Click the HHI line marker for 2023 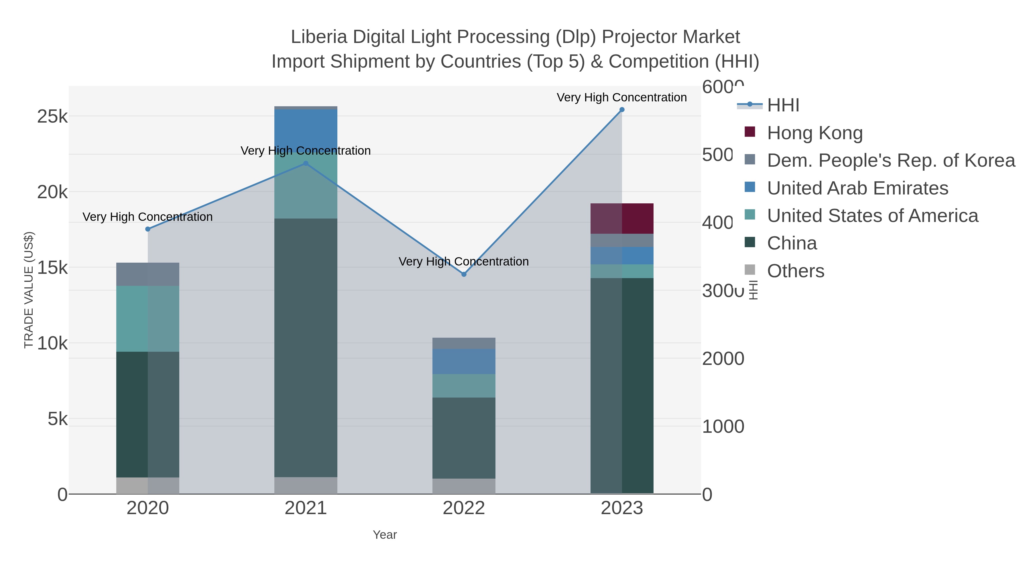click(x=621, y=109)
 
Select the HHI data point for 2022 click(x=463, y=274)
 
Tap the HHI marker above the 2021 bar click(x=306, y=163)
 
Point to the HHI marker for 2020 click(x=148, y=229)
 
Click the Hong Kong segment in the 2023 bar click(x=621, y=219)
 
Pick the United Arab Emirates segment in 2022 click(x=463, y=361)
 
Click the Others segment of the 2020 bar click(x=148, y=485)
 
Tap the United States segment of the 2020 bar click(x=148, y=318)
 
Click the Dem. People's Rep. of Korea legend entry click(x=890, y=160)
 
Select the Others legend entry click(x=795, y=271)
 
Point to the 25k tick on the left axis click(x=52, y=117)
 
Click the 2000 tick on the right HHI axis click(x=723, y=359)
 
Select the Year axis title click(x=385, y=535)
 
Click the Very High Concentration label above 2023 click(x=621, y=97)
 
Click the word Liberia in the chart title click(x=318, y=37)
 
